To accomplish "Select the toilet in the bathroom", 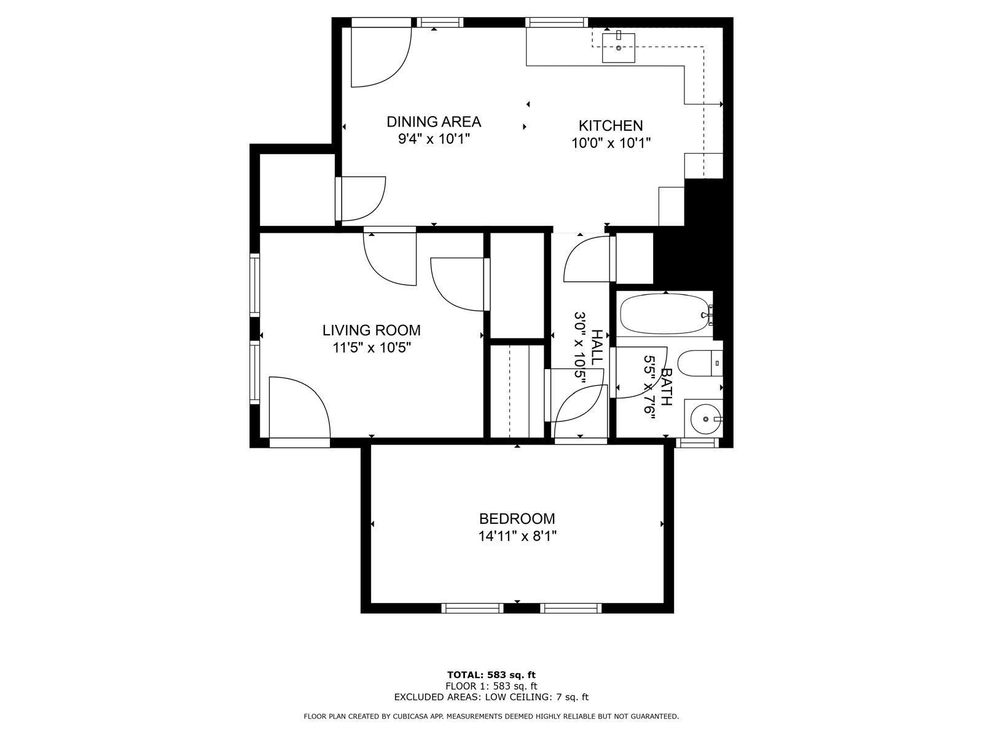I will point(697,364).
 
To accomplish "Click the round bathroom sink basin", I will point(705,419).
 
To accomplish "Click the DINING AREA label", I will point(433,122).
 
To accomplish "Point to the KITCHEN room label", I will point(610,126).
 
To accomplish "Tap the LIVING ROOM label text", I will point(371,330).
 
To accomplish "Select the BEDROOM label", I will point(517,519).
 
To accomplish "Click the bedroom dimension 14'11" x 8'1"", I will point(517,537).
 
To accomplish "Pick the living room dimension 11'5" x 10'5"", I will point(371,348).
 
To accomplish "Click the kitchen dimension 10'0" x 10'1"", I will point(610,143).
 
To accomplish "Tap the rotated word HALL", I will point(597,347).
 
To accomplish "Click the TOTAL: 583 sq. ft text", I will point(491,675).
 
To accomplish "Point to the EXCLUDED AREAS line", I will point(491,697).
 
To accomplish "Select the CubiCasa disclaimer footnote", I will point(491,716).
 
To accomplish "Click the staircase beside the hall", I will point(517,392).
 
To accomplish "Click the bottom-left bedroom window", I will point(472,608).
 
